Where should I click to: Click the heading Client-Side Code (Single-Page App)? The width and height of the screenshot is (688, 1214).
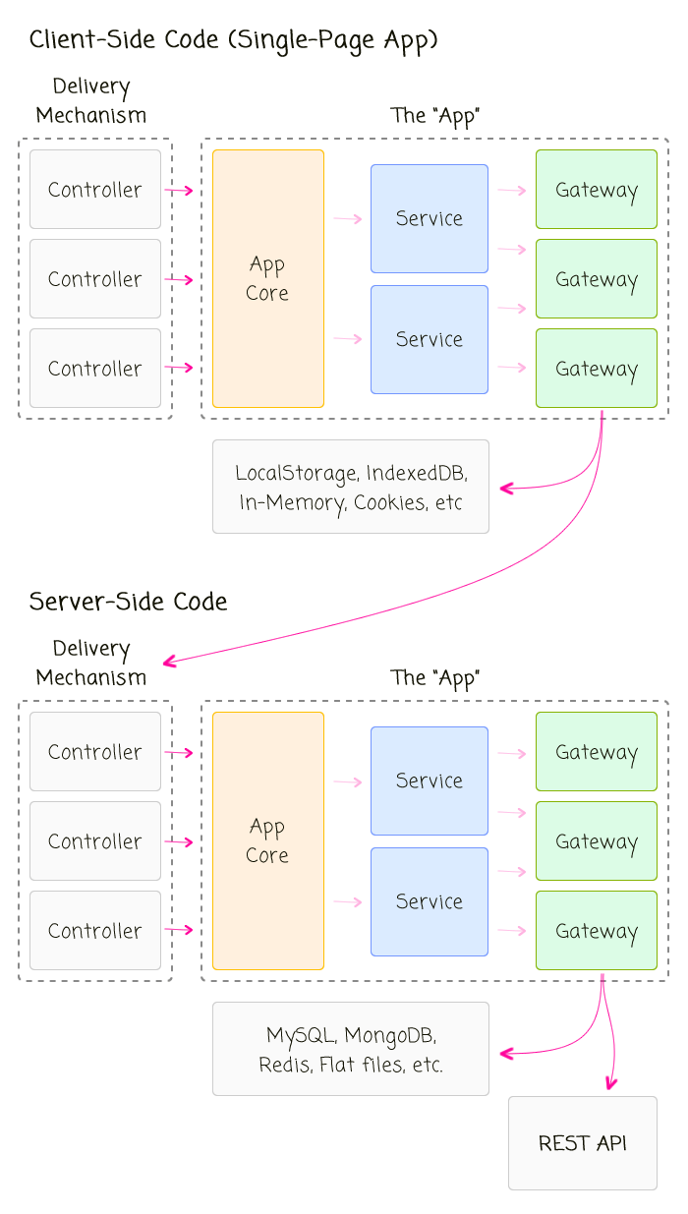[x=233, y=40]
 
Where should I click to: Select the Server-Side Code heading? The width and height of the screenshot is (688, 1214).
[x=128, y=602]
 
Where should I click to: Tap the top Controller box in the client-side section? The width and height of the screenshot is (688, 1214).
[x=95, y=190]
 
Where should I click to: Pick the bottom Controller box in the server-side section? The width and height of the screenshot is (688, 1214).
[x=95, y=930]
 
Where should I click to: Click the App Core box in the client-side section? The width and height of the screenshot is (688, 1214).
[x=268, y=278]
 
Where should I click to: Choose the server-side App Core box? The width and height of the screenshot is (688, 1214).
[x=268, y=840]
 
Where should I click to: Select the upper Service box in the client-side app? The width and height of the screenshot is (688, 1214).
[x=429, y=218]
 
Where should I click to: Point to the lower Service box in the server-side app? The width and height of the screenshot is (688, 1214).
[x=429, y=901]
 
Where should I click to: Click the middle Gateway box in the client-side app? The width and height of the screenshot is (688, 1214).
[x=596, y=279]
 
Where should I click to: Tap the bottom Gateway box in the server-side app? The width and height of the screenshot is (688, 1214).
[x=596, y=930]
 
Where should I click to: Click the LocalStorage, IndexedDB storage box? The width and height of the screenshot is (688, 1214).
[x=351, y=487]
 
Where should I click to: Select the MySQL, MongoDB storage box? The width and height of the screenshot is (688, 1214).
[x=351, y=1049]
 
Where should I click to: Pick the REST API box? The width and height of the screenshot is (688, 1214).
[x=582, y=1142]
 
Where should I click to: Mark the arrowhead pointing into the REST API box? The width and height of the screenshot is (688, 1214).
[x=610, y=1083]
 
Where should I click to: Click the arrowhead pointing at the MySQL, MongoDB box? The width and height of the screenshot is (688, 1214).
[x=506, y=1054]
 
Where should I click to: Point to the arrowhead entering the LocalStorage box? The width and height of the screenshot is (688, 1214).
[x=506, y=488]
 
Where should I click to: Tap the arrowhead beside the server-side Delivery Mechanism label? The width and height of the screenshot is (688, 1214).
[x=169, y=662]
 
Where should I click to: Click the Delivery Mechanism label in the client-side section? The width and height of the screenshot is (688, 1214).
[x=91, y=100]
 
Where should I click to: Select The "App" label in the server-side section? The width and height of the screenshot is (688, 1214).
[x=434, y=677]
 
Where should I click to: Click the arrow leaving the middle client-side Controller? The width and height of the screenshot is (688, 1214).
[x=178, y=280]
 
